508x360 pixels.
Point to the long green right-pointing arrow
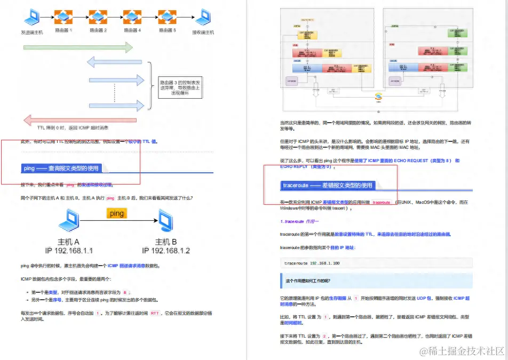click(x=78, y=48)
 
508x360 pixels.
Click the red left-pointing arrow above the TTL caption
click(x=78, y=119)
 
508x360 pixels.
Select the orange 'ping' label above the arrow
click(x=116, y=213)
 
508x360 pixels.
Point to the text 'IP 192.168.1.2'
click(x=166, y=251)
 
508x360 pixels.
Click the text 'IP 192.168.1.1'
click(x=69, y=251)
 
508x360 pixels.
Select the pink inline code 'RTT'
click(x=155, y=314)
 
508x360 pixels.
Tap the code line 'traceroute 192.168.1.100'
click(x=313, y=263)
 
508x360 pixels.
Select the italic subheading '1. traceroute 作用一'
click(x=299, y=221)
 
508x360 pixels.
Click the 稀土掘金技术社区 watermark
click(x=462, y=350)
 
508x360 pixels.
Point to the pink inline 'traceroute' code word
click(x=382, y=203)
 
